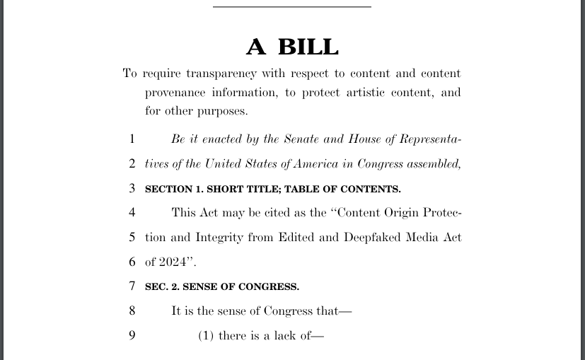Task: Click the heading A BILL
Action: click(292, 47)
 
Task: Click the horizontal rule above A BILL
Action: click(292, 7)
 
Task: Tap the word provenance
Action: click(175, 93)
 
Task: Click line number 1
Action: click(132, 139)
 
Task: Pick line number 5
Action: click(132, 238)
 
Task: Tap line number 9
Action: click(132, 335)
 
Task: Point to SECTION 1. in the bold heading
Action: click(173, 189)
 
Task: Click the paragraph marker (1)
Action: click(207, 335)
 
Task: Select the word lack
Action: click(285, 335)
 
